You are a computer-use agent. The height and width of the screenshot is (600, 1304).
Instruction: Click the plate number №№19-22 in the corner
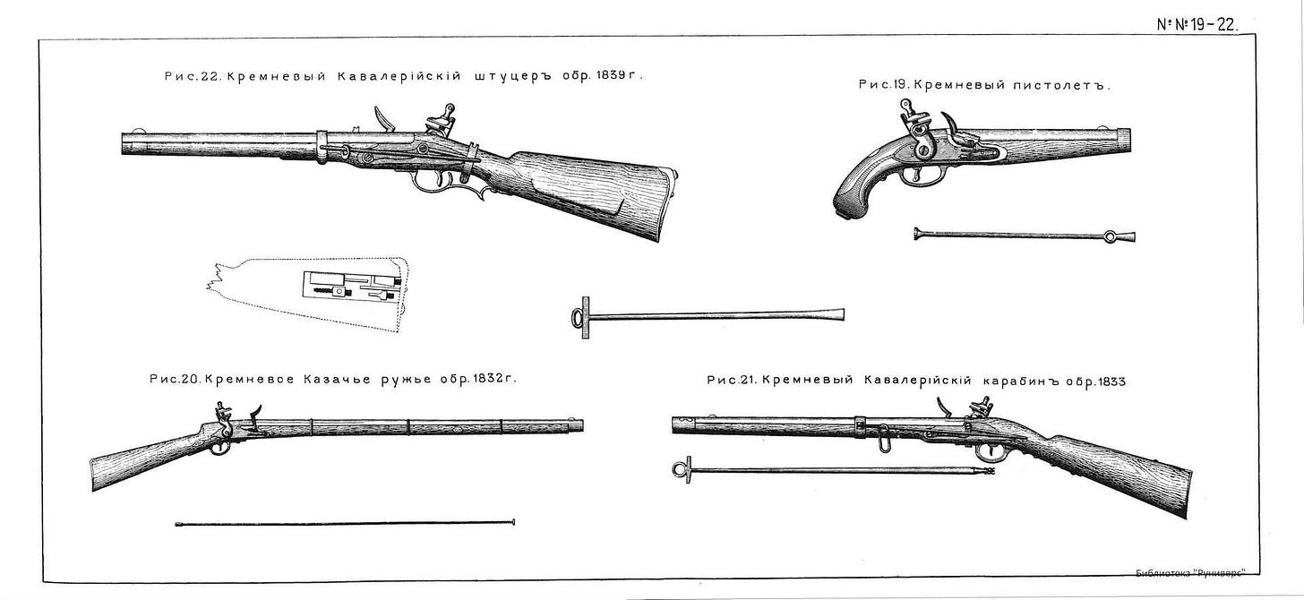point(1197,25)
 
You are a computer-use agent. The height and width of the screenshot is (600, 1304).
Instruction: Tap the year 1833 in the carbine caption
point(1108,381)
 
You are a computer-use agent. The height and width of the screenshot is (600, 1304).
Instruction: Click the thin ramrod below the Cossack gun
point(346,522)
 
